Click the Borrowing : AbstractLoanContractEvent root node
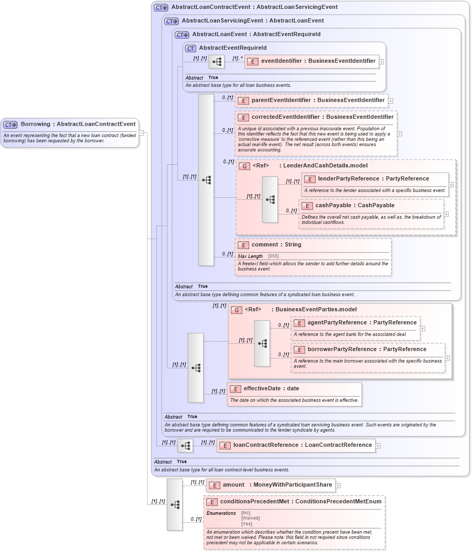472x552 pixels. (x=77, y=125)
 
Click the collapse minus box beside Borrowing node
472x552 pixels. (x=141, y=132)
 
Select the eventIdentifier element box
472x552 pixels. (x=312, y=61)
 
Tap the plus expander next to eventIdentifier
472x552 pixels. (x=381, y=62)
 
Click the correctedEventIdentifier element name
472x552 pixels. (x=322, y=117)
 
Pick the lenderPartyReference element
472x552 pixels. (x=373, y=179)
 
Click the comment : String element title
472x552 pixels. (x=276, y=245)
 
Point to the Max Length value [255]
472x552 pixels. (x=273, y=256)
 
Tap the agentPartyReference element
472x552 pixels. (x=362, y=323)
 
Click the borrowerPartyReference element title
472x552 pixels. (x=366, y=350)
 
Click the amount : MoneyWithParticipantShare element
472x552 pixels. (x=271, y=485)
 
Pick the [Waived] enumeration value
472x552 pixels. (x=250, y=518)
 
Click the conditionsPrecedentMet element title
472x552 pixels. (x=300, y=501)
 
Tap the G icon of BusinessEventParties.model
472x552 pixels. (x=237, y=310)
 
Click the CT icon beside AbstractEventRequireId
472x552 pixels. (x=191, y=48)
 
